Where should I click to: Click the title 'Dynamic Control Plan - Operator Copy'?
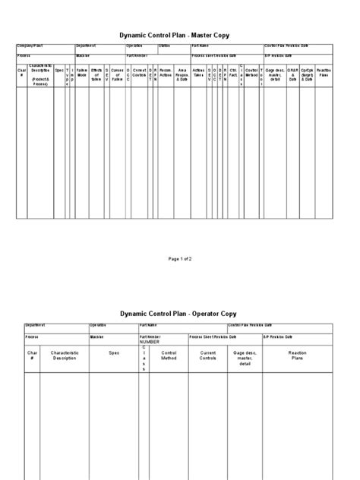point(179,314)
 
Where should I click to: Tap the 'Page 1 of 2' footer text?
point(179,259)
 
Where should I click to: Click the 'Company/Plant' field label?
point(31,46)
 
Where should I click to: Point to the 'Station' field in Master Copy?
point(165,46)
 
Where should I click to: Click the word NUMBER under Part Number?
point(150,343)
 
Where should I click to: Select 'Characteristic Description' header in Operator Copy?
point(65,355)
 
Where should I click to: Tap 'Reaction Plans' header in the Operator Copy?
point(297,355)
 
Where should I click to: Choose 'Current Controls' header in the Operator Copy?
point(208,355)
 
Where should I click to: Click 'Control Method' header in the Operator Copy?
point(169,355)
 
